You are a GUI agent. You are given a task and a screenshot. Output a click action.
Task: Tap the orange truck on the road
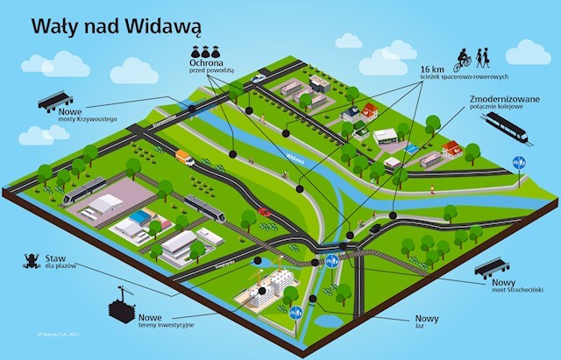[x=185, y=158]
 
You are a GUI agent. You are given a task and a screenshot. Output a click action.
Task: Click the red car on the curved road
[x=264, y=212]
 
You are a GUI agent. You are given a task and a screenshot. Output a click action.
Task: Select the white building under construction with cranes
[x=266, y=289]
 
